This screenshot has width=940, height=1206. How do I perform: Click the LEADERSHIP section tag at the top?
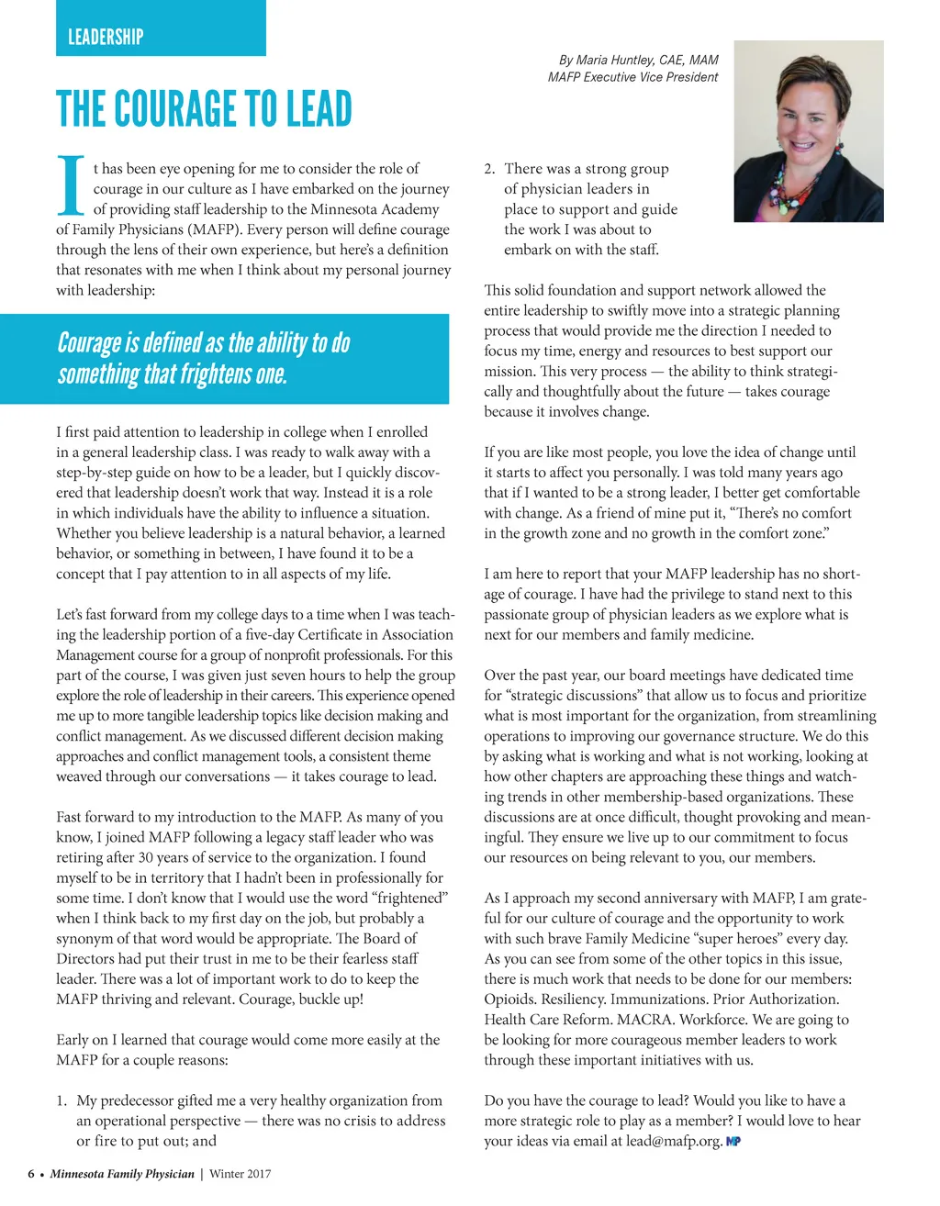tap(106, 37)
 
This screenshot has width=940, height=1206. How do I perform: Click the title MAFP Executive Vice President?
tap(632, 77)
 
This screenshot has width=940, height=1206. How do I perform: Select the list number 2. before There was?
tap(490, 169)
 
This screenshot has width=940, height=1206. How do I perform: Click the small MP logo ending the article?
tap(733, 1142)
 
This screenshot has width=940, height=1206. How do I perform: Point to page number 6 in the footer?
tap(31, 1174)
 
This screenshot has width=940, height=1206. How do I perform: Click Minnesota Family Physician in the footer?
tap(122, 1174)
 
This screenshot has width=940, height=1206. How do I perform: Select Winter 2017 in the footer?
tap(241, 1174)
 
